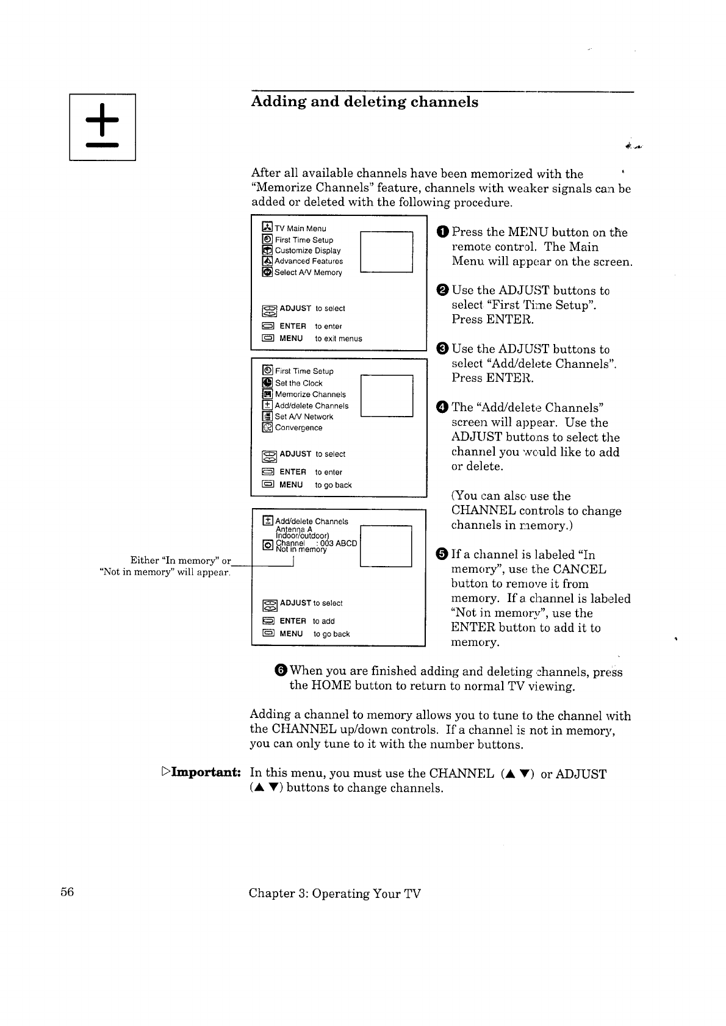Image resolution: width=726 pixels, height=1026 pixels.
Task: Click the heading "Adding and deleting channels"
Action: click(x=364, y=102)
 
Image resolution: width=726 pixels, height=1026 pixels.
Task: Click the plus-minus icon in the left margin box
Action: click(x=102, y=127)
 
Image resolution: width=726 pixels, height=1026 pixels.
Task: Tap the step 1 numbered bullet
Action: click(x=443, y=232)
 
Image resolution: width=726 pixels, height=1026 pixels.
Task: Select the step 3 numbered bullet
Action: click(x=443, y=349)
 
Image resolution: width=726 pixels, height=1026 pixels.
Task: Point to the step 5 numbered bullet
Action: click(x=443, y=554)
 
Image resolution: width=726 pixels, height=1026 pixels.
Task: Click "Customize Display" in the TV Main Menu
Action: click(x=307, y=251)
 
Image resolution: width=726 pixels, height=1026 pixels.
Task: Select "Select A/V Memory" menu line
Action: click(x=307, y=273)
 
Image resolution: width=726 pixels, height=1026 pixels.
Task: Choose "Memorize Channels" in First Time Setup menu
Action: click(x=310, y=395)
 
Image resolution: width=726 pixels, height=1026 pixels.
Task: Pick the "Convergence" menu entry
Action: click(x=298, y=428)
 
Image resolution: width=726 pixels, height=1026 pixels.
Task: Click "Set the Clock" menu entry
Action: click(x=298, y=383)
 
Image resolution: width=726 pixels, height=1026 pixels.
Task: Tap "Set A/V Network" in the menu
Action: click(x=304, y=417)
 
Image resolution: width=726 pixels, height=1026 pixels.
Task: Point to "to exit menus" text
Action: click(x=338, y=339)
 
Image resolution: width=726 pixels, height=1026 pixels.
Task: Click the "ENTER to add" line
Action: click(x=299, y=621)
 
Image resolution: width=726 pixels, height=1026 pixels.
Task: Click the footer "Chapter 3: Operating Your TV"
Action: click(x=334, y=894)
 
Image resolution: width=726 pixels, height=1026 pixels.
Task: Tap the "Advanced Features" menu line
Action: click(x=308, y=261)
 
